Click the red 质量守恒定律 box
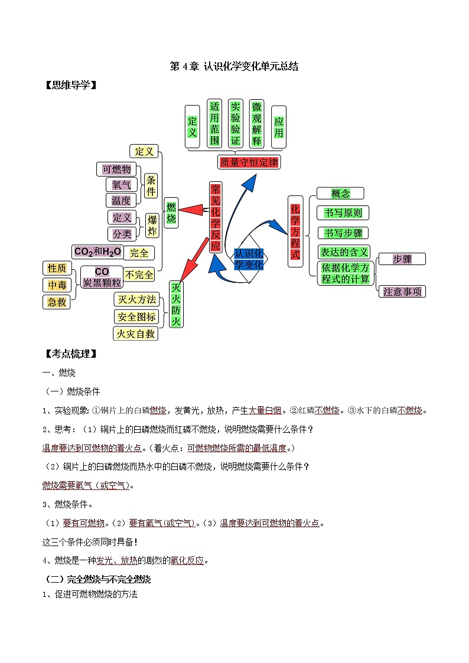coord(248,162)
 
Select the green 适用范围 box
coord(214,123)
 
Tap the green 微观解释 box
coord(256,123)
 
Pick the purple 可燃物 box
coord(116,169)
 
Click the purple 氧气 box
coord(121,185)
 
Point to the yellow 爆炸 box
coord(152,226)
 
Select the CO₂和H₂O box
coord(97,252)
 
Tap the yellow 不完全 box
coord(139,275)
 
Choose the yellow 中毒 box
coord(57,285)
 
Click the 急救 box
coord(57,302)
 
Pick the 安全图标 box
coord(136,317)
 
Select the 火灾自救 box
coord(136,334)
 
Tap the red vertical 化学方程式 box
coord(295,231)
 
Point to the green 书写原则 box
coord(343,213)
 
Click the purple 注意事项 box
coord(403,291)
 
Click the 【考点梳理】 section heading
coord(71,354)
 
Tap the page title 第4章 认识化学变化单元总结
coord(234,67)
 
